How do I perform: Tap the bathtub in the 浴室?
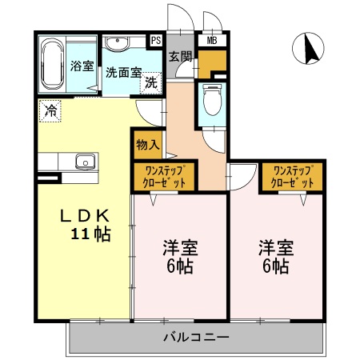pyautogui.click(x=52, y=64)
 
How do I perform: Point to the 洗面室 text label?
pyautogui.click(x=123, y=71)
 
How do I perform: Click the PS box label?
pyautogui.click(x=156, y=39)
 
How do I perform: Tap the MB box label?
pyautogui.click(x=212, y=39)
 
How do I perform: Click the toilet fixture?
pyautogui.click(x=212, y=99)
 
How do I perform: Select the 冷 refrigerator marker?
pyautogui.click(x=50, y=110)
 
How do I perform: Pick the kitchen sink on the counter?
pyautogui.click(x=85, y=162)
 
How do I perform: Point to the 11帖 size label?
pyautogui.click(x=90, y=234)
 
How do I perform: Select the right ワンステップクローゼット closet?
pyautogui.click(x=292, y=176)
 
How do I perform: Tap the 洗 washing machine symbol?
pyautogui.click(x=150, y=80)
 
